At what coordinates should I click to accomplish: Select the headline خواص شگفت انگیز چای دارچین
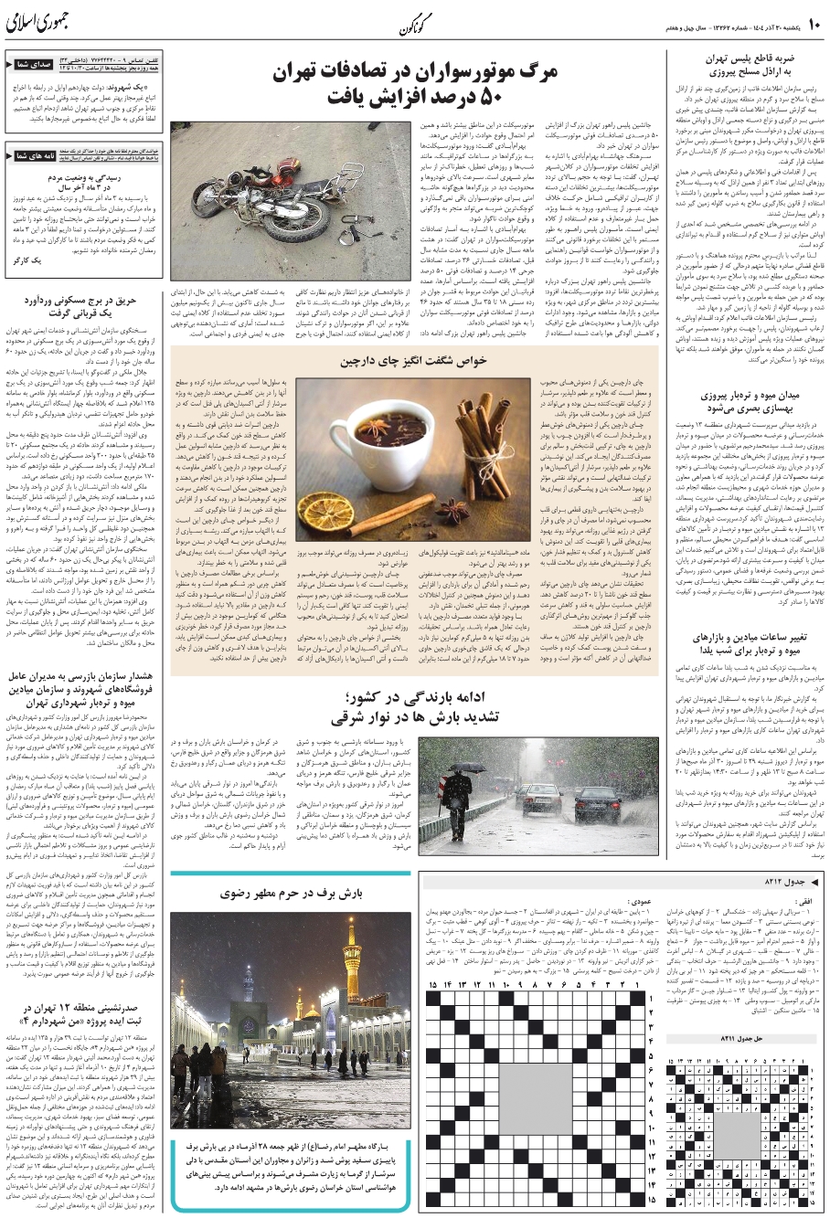pos(413,361)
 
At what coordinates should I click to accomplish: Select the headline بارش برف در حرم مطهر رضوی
pos(290,890)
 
